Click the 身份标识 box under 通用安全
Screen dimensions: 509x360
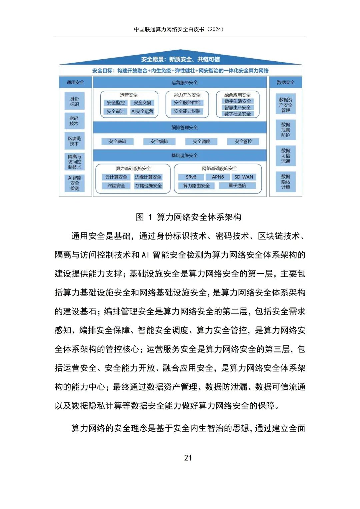[x=75, y=101]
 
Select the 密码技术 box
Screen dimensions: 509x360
[x=74, y=121]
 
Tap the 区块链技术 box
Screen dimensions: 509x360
[x=74, y=141]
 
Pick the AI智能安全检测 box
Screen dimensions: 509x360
[x=75, y=183]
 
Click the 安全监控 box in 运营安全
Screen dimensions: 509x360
[x=116, y=103]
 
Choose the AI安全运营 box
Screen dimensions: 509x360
[x=142, y=111]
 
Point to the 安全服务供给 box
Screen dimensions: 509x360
[x=187, y=103]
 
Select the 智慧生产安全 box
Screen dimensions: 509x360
[x=237, y=107]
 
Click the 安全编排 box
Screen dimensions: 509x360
[x=159, y=141]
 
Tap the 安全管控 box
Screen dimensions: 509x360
[x=243, y=141]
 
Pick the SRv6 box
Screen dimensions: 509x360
[x=191, y=177]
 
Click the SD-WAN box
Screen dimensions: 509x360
[x=244, y=177]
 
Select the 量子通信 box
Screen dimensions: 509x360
[x=237, y=186]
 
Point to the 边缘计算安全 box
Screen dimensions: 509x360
[x=148, y=177]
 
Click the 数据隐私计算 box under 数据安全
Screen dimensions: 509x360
[x=286, y=182]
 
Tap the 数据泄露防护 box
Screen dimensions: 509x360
[x=286, y=130]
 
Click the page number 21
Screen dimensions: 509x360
[x=188, y=458]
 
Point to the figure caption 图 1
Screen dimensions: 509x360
[x=188, y=217]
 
